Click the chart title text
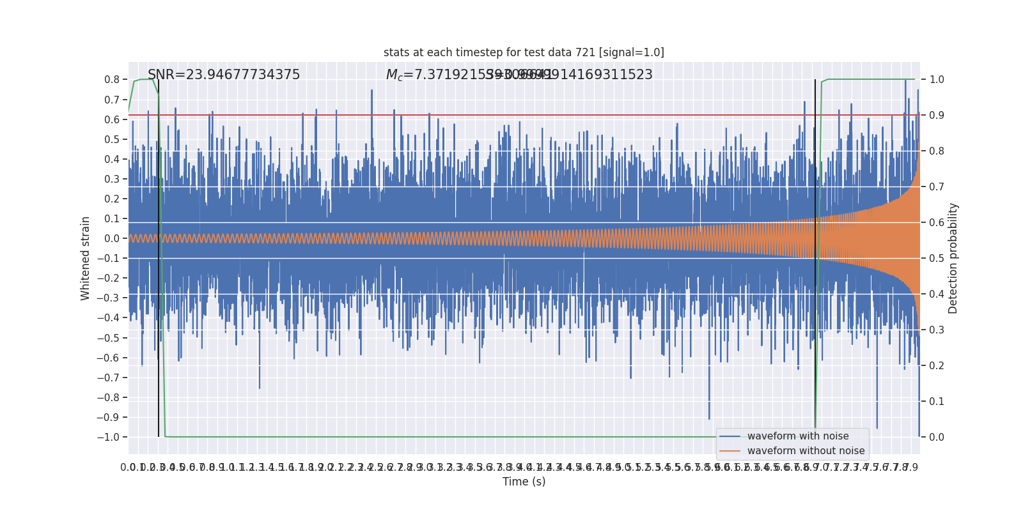click(524, 52)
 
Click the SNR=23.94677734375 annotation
click(224, 75)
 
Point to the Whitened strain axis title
click(86, 258)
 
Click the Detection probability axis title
click(953, 258)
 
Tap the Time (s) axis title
click(524, 482)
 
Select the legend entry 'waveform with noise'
click(798, 436)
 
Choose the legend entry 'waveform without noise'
click(806, 451)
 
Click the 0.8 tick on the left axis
click(112, 80)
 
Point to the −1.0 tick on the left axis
click(108, 437)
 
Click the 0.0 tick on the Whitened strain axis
click(112, 239)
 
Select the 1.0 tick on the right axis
click(937, 80)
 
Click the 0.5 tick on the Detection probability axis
click(937, 259)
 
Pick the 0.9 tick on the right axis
click(937, 116)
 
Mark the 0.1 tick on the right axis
click(937, 402)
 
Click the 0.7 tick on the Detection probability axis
click(937, 187)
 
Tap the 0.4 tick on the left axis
click(112, 159)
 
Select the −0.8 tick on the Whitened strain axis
click(108, 397)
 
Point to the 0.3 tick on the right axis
click(937, 330)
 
